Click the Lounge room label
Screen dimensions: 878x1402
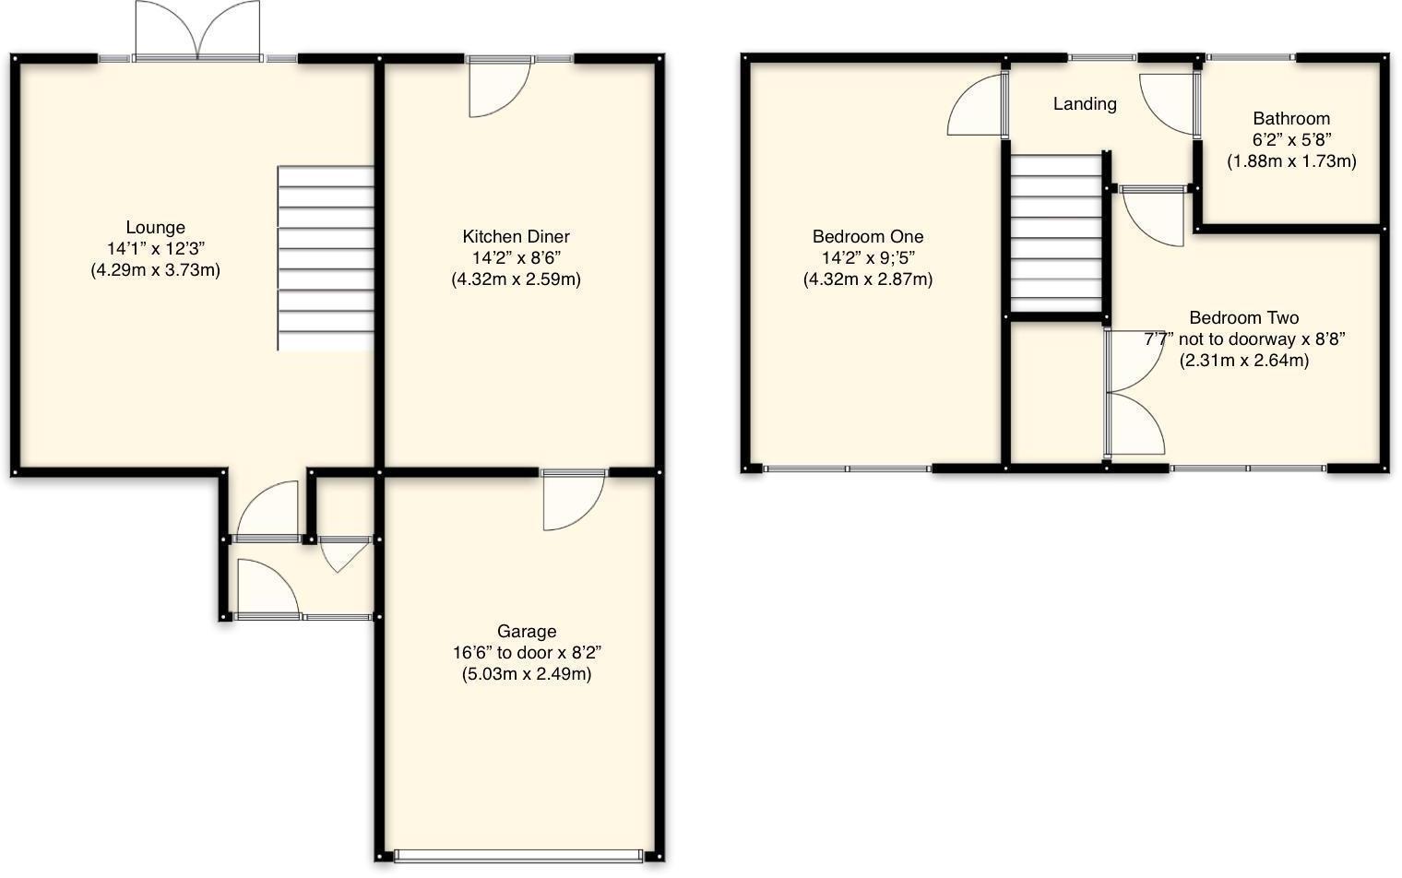155,228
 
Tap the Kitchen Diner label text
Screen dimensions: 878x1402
516,237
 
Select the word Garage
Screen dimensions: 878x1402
527,632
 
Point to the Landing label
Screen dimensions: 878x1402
1085,104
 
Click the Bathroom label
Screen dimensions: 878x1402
1291,119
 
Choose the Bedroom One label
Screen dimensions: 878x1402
867,237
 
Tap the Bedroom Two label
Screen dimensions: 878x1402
1243,318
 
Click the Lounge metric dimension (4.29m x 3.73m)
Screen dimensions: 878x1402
155,271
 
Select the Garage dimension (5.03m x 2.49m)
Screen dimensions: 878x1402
527,674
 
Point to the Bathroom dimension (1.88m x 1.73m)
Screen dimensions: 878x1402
1291,161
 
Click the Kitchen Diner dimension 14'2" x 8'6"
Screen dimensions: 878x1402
516,258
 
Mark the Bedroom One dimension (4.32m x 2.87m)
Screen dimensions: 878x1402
867,279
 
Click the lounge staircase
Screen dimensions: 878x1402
326,258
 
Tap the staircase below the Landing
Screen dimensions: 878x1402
1057,233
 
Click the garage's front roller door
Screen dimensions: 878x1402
517,856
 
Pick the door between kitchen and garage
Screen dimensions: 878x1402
572,498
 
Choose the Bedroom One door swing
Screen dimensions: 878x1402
976,105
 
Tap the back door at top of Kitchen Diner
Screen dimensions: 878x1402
498,87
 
